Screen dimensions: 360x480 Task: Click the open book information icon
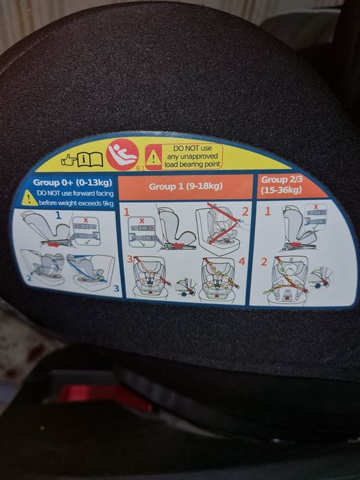pos(90,159)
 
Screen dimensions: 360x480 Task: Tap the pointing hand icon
pos(69,160)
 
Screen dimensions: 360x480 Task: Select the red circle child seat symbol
pos(123,154)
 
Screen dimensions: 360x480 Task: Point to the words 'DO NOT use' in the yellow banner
pos(193,148)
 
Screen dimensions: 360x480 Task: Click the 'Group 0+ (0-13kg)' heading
pos(73,183)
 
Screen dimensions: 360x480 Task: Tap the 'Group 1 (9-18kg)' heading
pos(186,186)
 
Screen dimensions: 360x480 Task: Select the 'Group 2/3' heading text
pos(281,180)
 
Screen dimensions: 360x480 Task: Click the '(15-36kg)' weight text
pos(281,190)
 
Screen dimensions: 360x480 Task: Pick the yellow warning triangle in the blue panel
pos(29,198)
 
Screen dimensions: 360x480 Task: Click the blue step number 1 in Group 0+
pos(58,215)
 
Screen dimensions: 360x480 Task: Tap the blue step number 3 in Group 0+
pos(117,289)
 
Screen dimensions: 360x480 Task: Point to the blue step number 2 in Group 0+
pos(29,278)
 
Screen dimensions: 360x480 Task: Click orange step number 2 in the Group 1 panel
pos(245,211)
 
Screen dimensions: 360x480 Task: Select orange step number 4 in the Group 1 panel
pos(242,261)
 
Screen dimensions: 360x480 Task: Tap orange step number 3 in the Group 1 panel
pos(130,259)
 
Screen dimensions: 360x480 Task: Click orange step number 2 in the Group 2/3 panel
pos(264,262)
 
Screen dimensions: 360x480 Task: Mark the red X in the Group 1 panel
pos(142,221)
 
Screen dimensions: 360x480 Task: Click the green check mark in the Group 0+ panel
pos(88,242)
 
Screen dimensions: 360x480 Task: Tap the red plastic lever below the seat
pos(104,396)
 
